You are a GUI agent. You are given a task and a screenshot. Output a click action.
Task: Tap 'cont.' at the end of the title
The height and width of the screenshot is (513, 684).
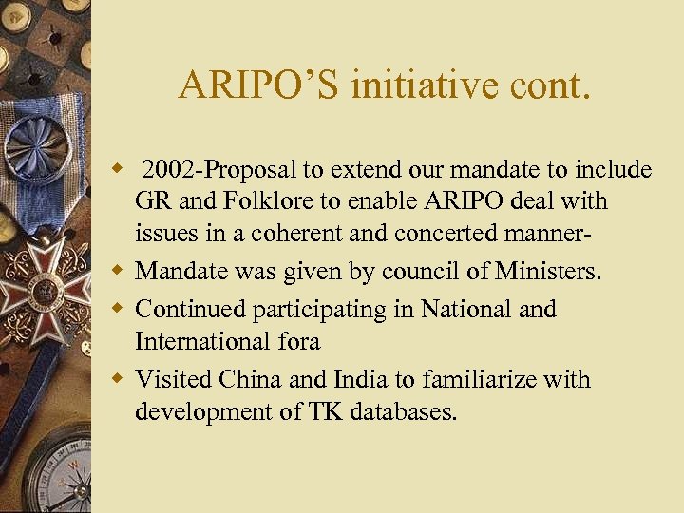[545, 86]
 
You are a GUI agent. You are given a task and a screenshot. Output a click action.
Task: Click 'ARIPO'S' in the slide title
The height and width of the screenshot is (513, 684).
[260, 86]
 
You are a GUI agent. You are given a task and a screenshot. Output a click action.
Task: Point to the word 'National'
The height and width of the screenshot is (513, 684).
[467, 309]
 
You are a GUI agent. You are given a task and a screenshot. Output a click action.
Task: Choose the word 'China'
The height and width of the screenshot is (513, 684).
[250, 379]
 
